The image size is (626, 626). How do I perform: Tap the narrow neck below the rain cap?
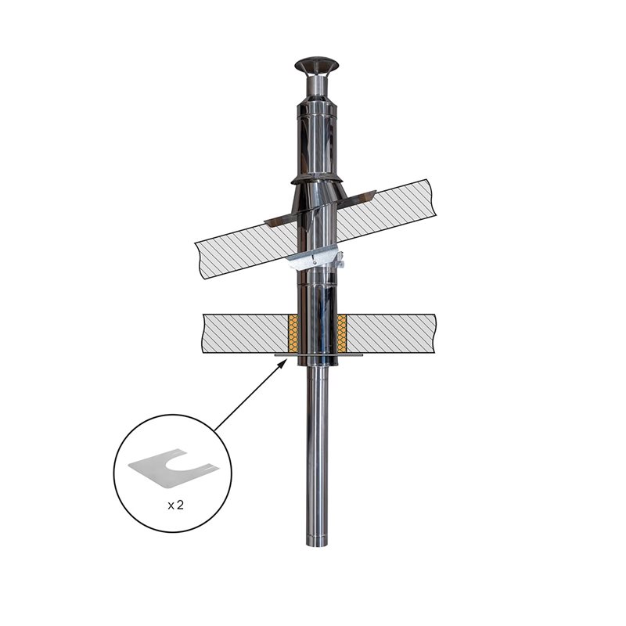coord(317,85)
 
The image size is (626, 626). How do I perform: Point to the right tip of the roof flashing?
coord(376,191)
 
